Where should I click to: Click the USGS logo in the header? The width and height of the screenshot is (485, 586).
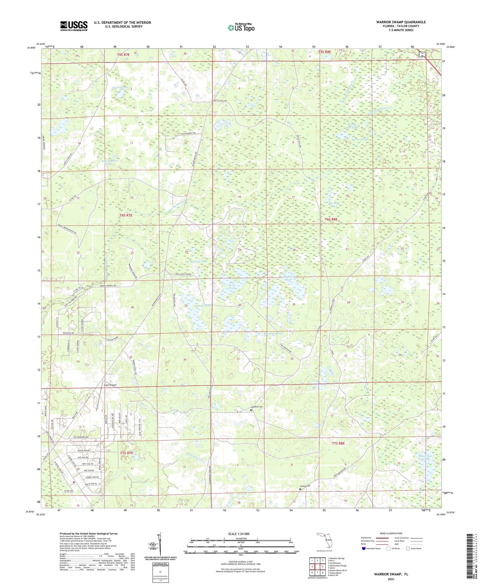(74, 26)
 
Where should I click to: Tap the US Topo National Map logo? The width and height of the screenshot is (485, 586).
(241, 28)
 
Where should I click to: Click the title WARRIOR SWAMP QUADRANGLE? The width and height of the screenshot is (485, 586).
(401, 22)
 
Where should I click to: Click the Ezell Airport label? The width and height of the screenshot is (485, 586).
(110, 385)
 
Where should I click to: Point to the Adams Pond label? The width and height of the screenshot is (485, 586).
(203, 306)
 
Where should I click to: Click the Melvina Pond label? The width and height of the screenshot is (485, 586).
(199, 261)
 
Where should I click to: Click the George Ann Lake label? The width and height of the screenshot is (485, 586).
(352, 126)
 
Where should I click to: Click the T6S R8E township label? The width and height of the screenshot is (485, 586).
(331, 219)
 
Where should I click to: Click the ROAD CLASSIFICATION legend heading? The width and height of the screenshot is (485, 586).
(391, 533)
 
